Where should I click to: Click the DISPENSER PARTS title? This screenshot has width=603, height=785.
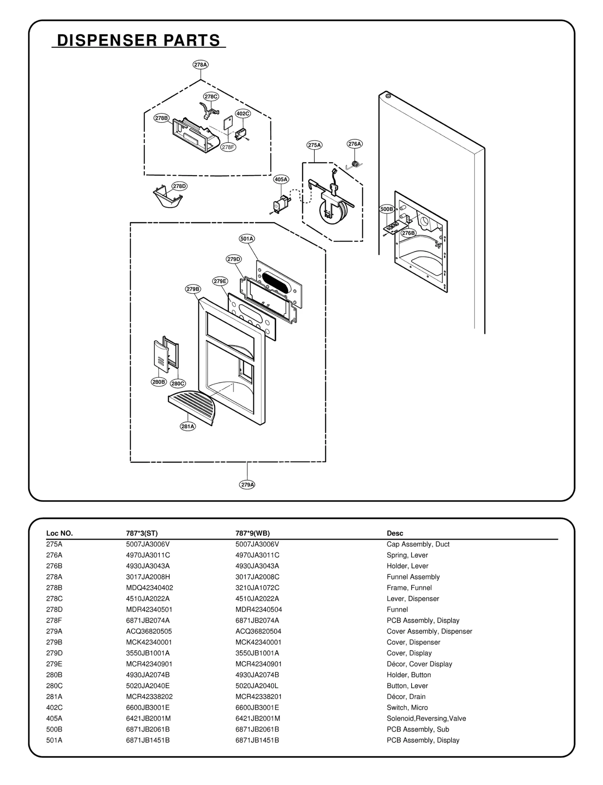click(x=138, y=40)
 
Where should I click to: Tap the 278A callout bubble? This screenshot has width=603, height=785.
click(x=200, y=65)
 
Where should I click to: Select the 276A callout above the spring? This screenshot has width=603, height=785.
click(x=354, y=144)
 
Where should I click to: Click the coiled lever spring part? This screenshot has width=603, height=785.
click(x=354, y=164)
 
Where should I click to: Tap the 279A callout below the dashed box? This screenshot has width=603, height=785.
click(x=247, y=485)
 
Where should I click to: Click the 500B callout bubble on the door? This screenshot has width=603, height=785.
click(x=387, y=209)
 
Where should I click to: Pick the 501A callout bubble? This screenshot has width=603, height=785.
click(x=247, y=239)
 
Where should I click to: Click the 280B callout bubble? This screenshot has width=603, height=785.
click(x=159, y=382)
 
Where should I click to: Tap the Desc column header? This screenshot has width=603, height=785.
click(x=395, y=533)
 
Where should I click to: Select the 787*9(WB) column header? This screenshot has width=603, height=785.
click(x=253, y=533)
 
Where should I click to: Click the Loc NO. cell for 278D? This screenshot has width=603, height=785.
click(x=54, y=609)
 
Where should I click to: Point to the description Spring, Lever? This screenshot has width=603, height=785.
click(x=407, y=555)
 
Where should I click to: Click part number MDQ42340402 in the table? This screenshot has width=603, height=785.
click(x=149, y=588)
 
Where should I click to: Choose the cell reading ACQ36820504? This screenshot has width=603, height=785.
click(x=258, y=631)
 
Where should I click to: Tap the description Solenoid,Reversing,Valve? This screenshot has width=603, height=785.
click(x=426, y=718)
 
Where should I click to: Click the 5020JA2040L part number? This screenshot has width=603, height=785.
click(x=257, y=686)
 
